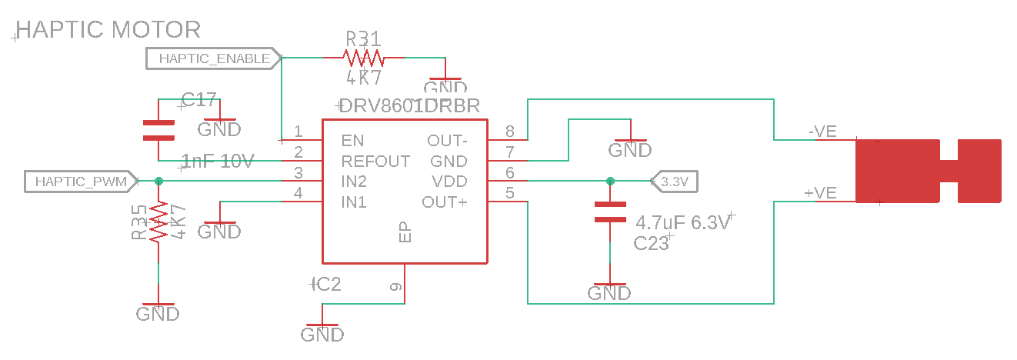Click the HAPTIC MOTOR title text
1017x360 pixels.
[108, 30]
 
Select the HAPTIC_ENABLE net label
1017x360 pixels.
[214, 58]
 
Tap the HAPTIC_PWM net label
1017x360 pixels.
[81, 182]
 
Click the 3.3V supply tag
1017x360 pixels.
[674, 182]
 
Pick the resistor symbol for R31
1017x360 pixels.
[363, 58]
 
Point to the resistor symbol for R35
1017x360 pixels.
[158, 223]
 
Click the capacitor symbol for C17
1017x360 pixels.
[158, 129]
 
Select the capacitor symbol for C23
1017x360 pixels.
[610, 212]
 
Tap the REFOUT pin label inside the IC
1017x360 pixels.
[375, 162]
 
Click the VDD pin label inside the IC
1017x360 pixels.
[449, 182]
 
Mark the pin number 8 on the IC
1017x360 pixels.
[509, 132]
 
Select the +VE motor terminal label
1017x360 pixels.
[820, 193]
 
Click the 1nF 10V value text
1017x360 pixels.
[217, 162]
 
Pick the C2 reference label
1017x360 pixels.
[327, 285]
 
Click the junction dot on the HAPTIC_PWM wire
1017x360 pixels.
[158, 182]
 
